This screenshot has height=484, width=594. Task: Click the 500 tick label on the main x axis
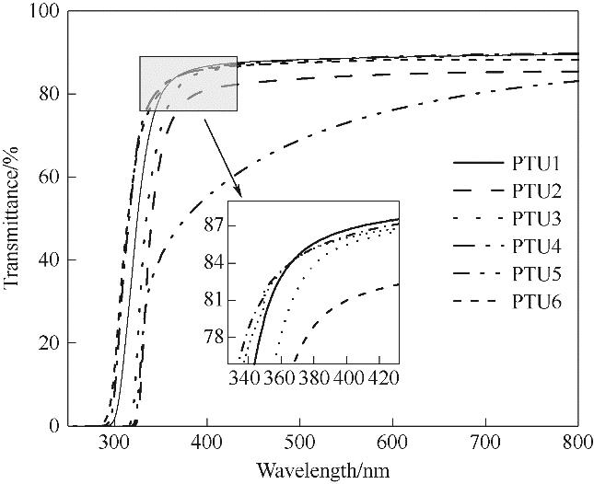[299, 444]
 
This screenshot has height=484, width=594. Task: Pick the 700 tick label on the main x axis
[485, 444]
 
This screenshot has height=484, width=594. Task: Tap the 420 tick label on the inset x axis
[384, 378]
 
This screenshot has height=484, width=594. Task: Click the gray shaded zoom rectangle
[188, 84]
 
